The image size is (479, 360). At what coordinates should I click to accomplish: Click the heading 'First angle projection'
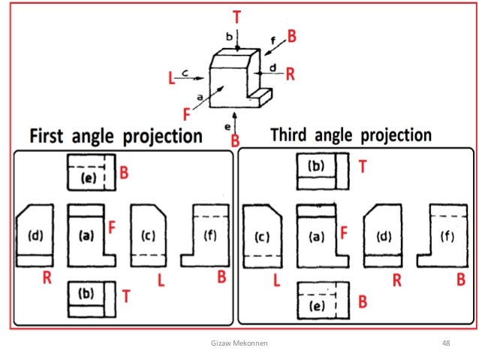(116, 137)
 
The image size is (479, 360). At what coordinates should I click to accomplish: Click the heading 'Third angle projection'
(351, 135)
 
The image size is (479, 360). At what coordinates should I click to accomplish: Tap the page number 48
(446, 343)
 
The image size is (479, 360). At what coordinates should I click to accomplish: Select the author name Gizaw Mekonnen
(239, 343)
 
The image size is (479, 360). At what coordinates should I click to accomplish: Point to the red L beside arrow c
(171, 77)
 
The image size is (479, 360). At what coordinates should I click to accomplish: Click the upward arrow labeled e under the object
(237, 117)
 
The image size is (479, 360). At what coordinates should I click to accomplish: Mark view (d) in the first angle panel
(35, 235)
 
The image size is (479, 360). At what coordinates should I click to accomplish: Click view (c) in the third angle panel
(262, 235)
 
